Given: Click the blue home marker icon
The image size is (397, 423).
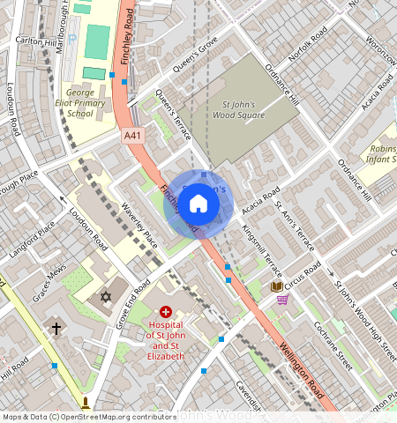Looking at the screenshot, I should (x=198, y=204).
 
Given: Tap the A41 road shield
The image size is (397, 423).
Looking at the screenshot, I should (x=132, y=135).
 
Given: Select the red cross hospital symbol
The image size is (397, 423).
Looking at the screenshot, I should (x=165, y=312).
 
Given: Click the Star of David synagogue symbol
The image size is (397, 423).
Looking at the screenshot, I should (x=106, y=297).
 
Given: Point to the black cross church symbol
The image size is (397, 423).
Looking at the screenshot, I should (x=56, y=329).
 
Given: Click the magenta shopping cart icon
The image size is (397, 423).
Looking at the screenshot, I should (x=282, y=300).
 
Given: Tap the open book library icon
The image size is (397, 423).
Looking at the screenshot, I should (x=276, y=286).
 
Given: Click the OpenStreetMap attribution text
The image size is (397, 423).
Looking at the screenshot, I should (x=88, y=417).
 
